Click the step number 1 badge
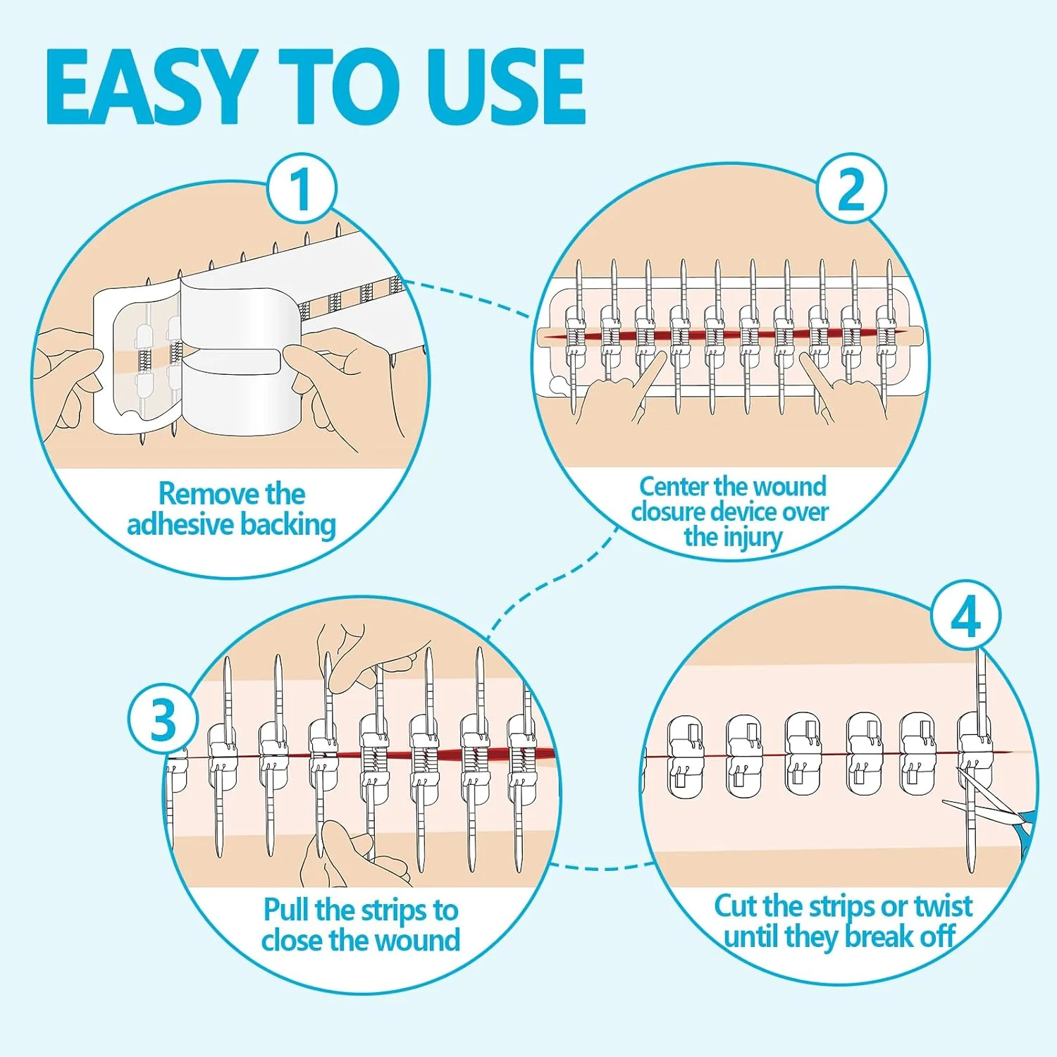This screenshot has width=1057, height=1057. pyautogui.click(x=302, y=189)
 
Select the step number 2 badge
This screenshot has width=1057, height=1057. pyautogui.click(x=851, y=189)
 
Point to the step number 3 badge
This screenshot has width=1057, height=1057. pyautogui.click(x=163, y=720)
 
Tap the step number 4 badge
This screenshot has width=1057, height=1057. pyautogui.click(x=965, y=617)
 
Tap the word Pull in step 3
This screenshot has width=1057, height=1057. pyautogui.click(x=287, y=909)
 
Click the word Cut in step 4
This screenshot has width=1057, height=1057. pyautogui.click(x=736, y=906)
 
